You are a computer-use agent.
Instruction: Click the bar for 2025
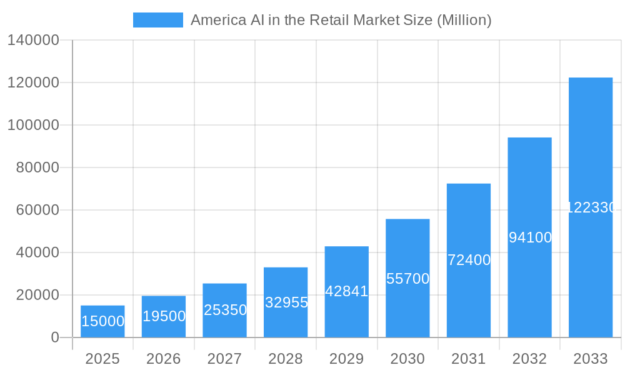(x=102, y=321)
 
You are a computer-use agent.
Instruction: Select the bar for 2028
(x=286, y=302)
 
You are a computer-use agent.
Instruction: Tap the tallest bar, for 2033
(x=590, y=207)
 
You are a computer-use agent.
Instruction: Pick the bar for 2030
(x=407, y=278)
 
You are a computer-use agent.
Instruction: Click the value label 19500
(x=164, y=316)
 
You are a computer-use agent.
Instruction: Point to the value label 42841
(x=346, y=291)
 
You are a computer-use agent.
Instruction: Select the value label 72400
(x=469, y=260)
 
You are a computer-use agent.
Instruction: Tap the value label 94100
(x=530, y=237)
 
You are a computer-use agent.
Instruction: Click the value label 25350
(x=225, y=310)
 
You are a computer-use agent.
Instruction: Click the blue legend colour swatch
(x=157, y=20)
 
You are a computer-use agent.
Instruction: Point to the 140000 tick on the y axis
(x=33, y=40)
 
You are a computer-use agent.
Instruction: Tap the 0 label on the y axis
(x=55, y=337)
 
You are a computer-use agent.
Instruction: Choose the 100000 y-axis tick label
(x=33, y=125)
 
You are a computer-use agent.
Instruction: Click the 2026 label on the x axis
(x=164, y=359)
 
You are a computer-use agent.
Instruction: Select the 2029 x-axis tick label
(x=346, y=359)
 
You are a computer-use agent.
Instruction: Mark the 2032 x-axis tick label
(x=529, y=359)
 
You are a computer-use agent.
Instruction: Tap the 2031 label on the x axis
(x=469, y=359)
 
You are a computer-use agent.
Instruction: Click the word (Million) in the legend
(x=464, y=20)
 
